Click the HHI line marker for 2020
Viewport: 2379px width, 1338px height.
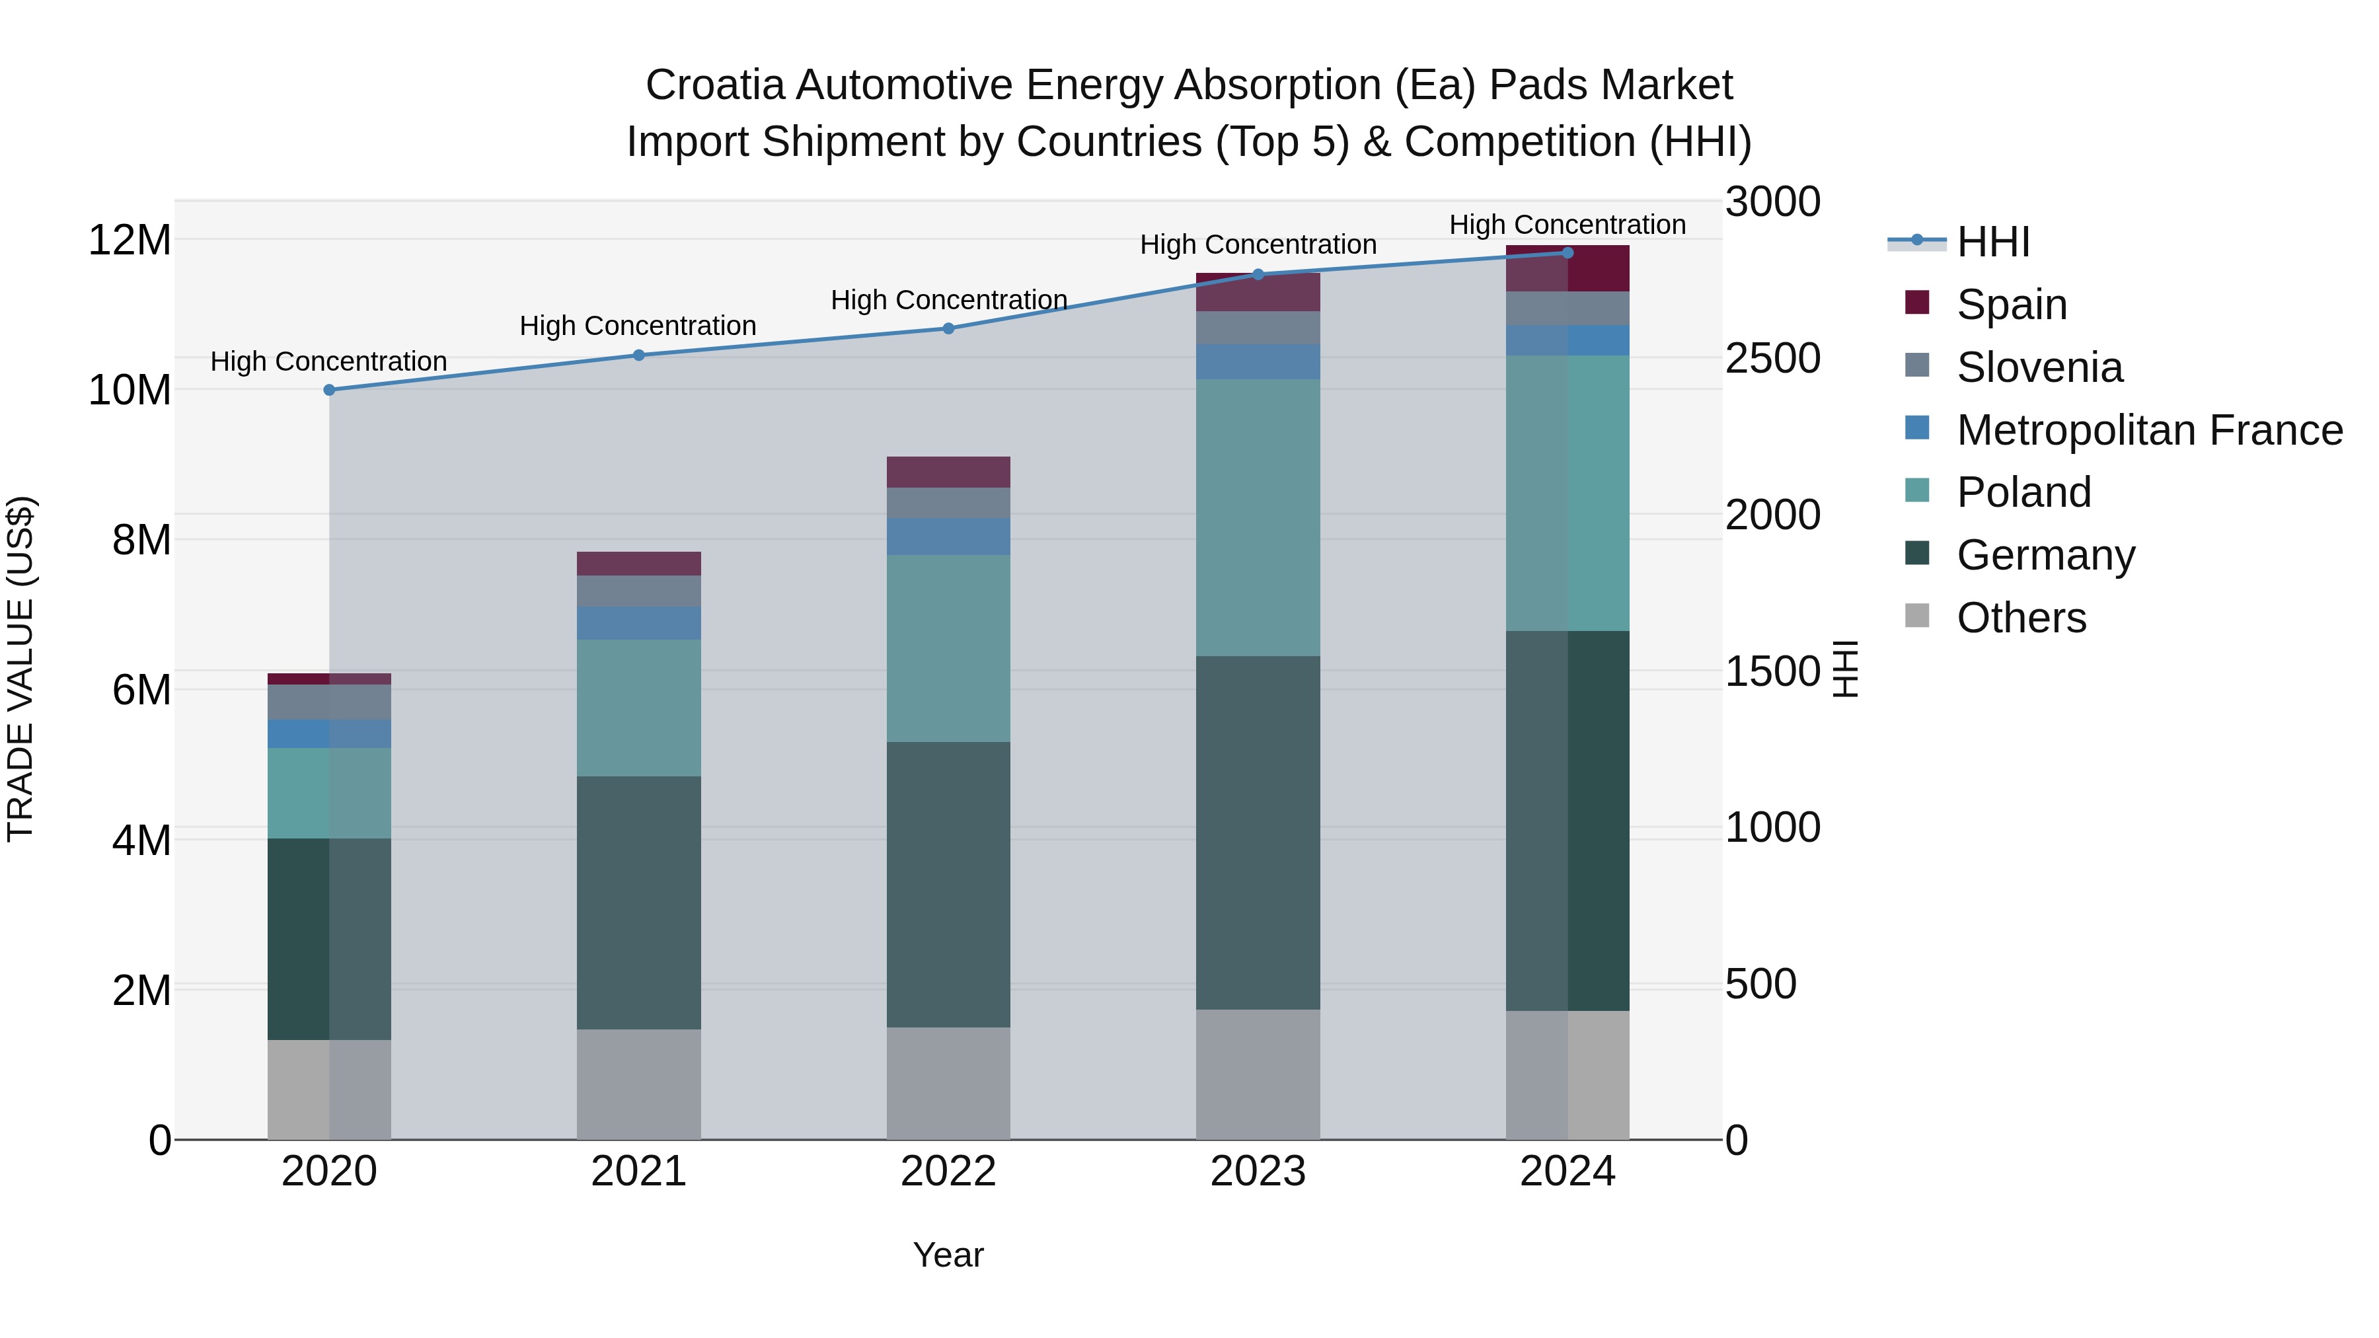(x=329, y=390)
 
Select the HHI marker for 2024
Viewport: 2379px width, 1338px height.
(x=1567, y=252)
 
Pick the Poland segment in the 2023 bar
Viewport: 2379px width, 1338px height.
(x=1258, y=517)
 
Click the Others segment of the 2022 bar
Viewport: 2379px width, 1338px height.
(x=948, y=1082)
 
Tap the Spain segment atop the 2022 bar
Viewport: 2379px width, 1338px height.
(x=948, y=472)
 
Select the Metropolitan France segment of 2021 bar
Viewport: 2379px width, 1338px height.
(x=638, y=623)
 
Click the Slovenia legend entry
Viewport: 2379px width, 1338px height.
(x=2039, y=367)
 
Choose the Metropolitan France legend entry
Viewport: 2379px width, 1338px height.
(x=2148, y=430)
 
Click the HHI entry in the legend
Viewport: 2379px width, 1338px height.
(x=1993, y=242)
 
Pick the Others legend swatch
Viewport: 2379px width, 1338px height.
(x=1917, y=616)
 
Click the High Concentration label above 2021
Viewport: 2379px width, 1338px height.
(x=638, y=326)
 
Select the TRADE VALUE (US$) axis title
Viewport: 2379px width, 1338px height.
(x=20, y=669)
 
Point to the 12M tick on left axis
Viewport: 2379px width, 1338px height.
(x=130, y=240)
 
